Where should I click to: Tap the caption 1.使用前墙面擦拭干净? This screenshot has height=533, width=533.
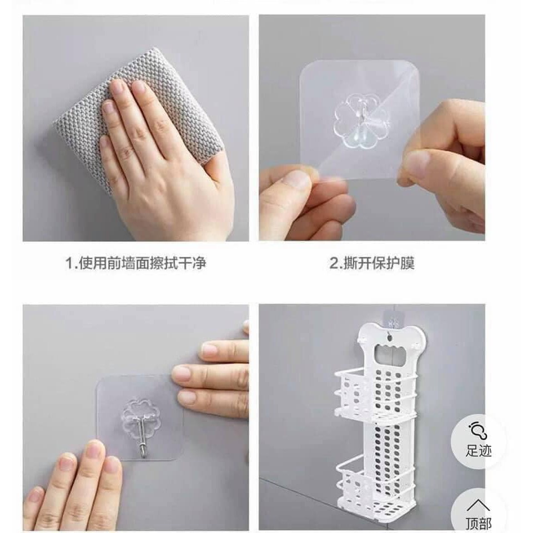pos(135,263)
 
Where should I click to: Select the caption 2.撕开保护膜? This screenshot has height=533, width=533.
pos(372,263)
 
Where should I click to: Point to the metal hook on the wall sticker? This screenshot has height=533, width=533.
pos(143,438)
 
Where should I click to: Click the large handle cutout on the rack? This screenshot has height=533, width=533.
pos(391,357)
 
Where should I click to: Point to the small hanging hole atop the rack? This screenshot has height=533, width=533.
pos(390,339)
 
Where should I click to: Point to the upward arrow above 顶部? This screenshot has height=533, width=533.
pos(478,505)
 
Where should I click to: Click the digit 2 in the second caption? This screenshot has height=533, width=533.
pos(334,264)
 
